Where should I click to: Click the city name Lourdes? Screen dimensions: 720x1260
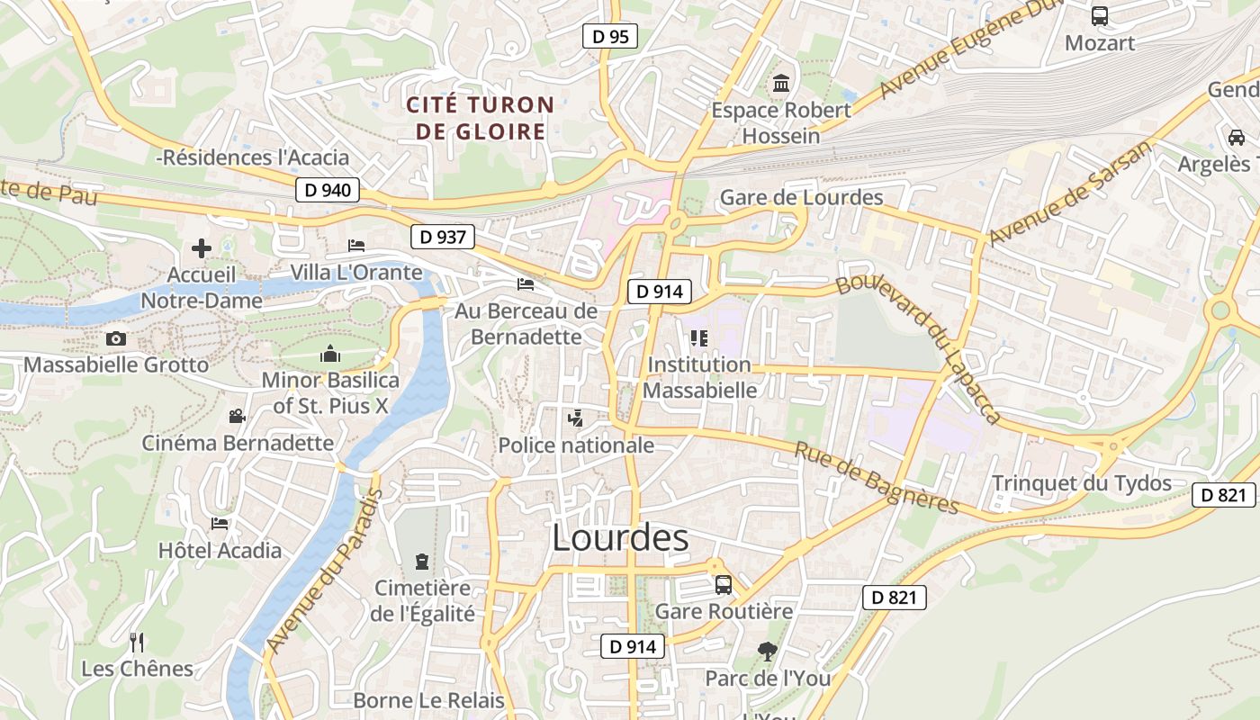point(620,538)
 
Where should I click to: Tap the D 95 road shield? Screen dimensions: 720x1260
point(609,37)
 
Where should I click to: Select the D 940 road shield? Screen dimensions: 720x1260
point(328,190)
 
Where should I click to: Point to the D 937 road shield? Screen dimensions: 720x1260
point(443,237)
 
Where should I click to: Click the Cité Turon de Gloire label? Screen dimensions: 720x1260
point(480,118)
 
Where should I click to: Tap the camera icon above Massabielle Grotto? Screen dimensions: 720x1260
point(116,339)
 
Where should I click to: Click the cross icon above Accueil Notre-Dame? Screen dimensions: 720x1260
point(202,248)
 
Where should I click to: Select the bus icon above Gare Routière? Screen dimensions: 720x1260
point(724,585)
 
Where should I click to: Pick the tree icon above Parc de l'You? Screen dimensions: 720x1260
point(767,651)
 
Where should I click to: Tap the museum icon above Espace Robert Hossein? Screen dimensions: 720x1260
point(781,84)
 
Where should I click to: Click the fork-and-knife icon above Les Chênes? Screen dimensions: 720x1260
point(137,642)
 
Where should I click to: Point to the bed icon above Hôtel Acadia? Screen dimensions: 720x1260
point(220,524)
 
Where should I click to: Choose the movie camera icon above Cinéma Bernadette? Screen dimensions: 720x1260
point(237,416)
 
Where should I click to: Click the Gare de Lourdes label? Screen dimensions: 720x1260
point(801,197)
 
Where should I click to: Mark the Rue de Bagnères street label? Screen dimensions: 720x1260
point(876,478)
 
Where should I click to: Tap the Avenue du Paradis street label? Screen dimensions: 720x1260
point(325,571)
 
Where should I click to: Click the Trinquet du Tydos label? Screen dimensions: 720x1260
point(1081,483)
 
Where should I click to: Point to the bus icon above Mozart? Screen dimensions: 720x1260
point(1099,16)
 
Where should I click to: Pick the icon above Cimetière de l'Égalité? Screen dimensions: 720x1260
point(421,562)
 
